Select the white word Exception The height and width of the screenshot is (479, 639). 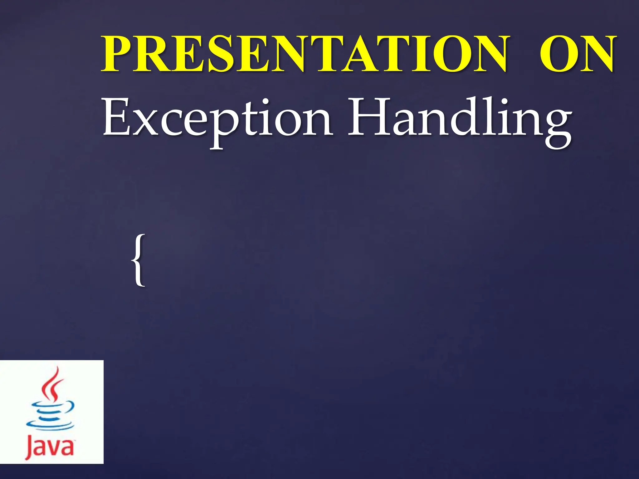click(217, 120)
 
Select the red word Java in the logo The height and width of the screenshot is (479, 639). click(50, 448)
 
